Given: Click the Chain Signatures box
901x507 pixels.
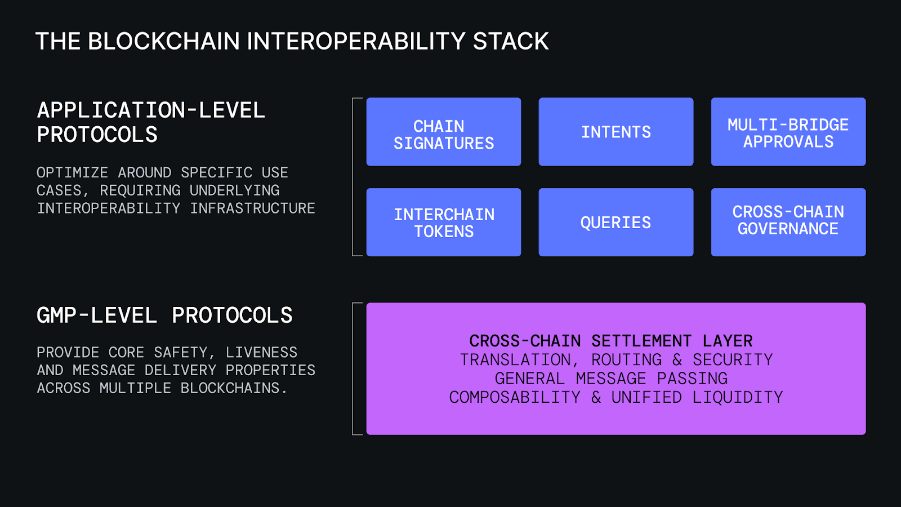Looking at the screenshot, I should (444, 132).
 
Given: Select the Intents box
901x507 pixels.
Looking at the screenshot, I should (615, 132).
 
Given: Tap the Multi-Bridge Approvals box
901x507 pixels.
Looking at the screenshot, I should (788, 132).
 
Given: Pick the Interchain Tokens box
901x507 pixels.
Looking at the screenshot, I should (444, 223).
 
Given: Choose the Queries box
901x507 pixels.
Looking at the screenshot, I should (615, 223).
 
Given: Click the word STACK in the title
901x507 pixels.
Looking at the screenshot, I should (510, 42).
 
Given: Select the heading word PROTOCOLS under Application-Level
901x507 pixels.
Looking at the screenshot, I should (97, 135).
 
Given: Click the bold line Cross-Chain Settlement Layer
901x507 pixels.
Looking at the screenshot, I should (611, 341).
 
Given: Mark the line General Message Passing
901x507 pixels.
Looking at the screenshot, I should (611, 378).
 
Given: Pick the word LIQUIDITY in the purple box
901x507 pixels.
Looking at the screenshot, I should (737, 397).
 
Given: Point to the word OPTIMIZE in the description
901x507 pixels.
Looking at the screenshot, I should (72, 172).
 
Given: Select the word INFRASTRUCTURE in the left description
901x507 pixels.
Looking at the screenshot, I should (252, 208).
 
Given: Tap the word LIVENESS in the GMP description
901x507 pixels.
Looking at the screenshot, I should (261, 353).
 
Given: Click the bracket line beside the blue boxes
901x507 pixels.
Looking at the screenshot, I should (353, 177).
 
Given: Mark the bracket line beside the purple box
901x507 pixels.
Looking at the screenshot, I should (353, 369).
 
